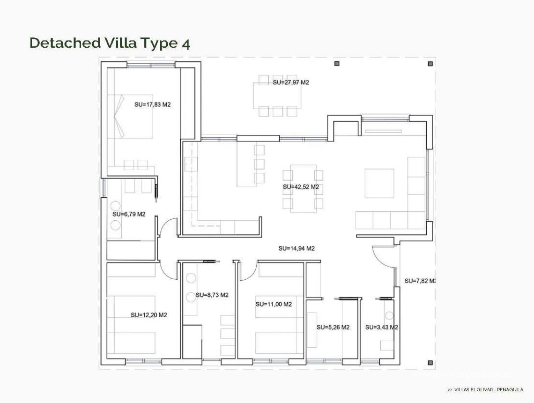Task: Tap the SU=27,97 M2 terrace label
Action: (x=290, y=82)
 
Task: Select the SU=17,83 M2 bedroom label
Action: (x=152, y=105)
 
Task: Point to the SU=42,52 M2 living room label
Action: (x=301, y=187)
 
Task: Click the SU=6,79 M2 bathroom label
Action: (x=129, y=214)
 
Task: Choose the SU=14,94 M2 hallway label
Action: (x=296, y=248)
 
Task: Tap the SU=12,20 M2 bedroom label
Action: (x=149, y=315)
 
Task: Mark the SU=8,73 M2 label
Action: (x=212, y=295)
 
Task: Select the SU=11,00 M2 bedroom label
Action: (x=274, y=304)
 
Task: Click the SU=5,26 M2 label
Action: (x=333, y=328)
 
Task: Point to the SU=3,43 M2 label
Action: (x=381, y=328)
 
